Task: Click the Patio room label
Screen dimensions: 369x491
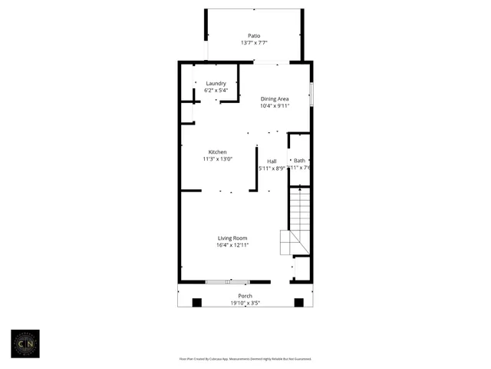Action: [x=254, y=35]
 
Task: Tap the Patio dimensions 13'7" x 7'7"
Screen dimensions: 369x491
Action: [x=254, y=43]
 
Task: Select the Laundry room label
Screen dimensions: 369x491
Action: [x=216, y=83]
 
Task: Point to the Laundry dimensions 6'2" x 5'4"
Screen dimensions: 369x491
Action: [x=216, y=91]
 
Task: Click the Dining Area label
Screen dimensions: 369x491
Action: [x=275, y=98]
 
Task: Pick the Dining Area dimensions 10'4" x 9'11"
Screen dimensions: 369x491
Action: [x=275, y=106]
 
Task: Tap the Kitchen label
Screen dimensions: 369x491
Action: [x=217, y=152]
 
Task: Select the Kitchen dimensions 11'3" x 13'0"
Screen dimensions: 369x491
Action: [x=217, y=159]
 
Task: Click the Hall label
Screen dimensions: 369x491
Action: [x=272, y=161]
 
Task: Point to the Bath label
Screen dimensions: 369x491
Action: [x=299, y=160]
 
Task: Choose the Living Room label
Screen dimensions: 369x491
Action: [x=233, y=238]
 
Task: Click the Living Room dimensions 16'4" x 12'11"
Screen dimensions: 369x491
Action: [x=233, y=245]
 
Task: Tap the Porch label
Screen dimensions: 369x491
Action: [x=245, y=296]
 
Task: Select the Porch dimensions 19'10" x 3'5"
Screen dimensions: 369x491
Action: [x=245, y=303]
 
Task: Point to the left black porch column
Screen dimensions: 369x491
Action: [x=196, y=302]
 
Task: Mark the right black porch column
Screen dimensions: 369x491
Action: [x=299, y=302]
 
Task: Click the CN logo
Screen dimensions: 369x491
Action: [x=25, y=344]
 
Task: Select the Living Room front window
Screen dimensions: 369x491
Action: [x=227, y=281]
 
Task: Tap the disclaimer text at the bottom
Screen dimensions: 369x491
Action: [x=245, y=358]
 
